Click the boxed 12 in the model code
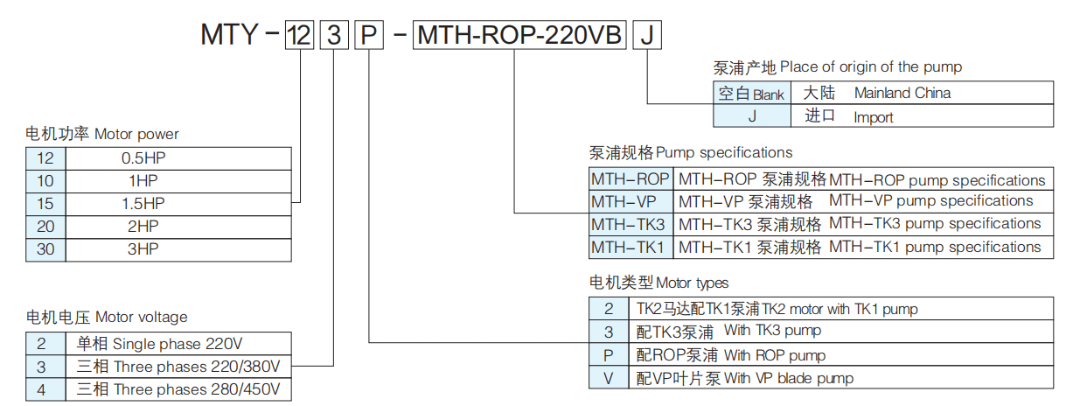click(x=299, y=34)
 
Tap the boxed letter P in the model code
click(x=369, y=34)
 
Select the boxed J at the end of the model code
click(x=647, y=34)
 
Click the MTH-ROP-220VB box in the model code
click(x=519, y=34)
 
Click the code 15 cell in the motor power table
click(x=45, y=204)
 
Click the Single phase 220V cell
click(x=178, y=343)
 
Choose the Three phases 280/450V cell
click(x=178, y=389)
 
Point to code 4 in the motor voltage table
click(x=45, y=389)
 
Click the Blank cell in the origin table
click(x=751, y=93)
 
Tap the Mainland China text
click(x=902, y=93)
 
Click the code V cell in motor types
click(x=609, y=378)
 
